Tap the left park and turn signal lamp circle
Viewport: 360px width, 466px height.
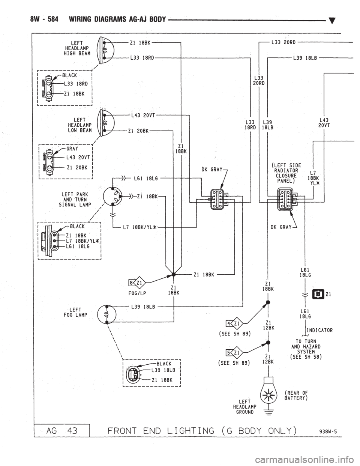112,195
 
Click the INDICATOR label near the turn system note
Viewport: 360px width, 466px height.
320,330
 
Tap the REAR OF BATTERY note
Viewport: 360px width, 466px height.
296,396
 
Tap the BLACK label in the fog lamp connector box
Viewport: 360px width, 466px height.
164,363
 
